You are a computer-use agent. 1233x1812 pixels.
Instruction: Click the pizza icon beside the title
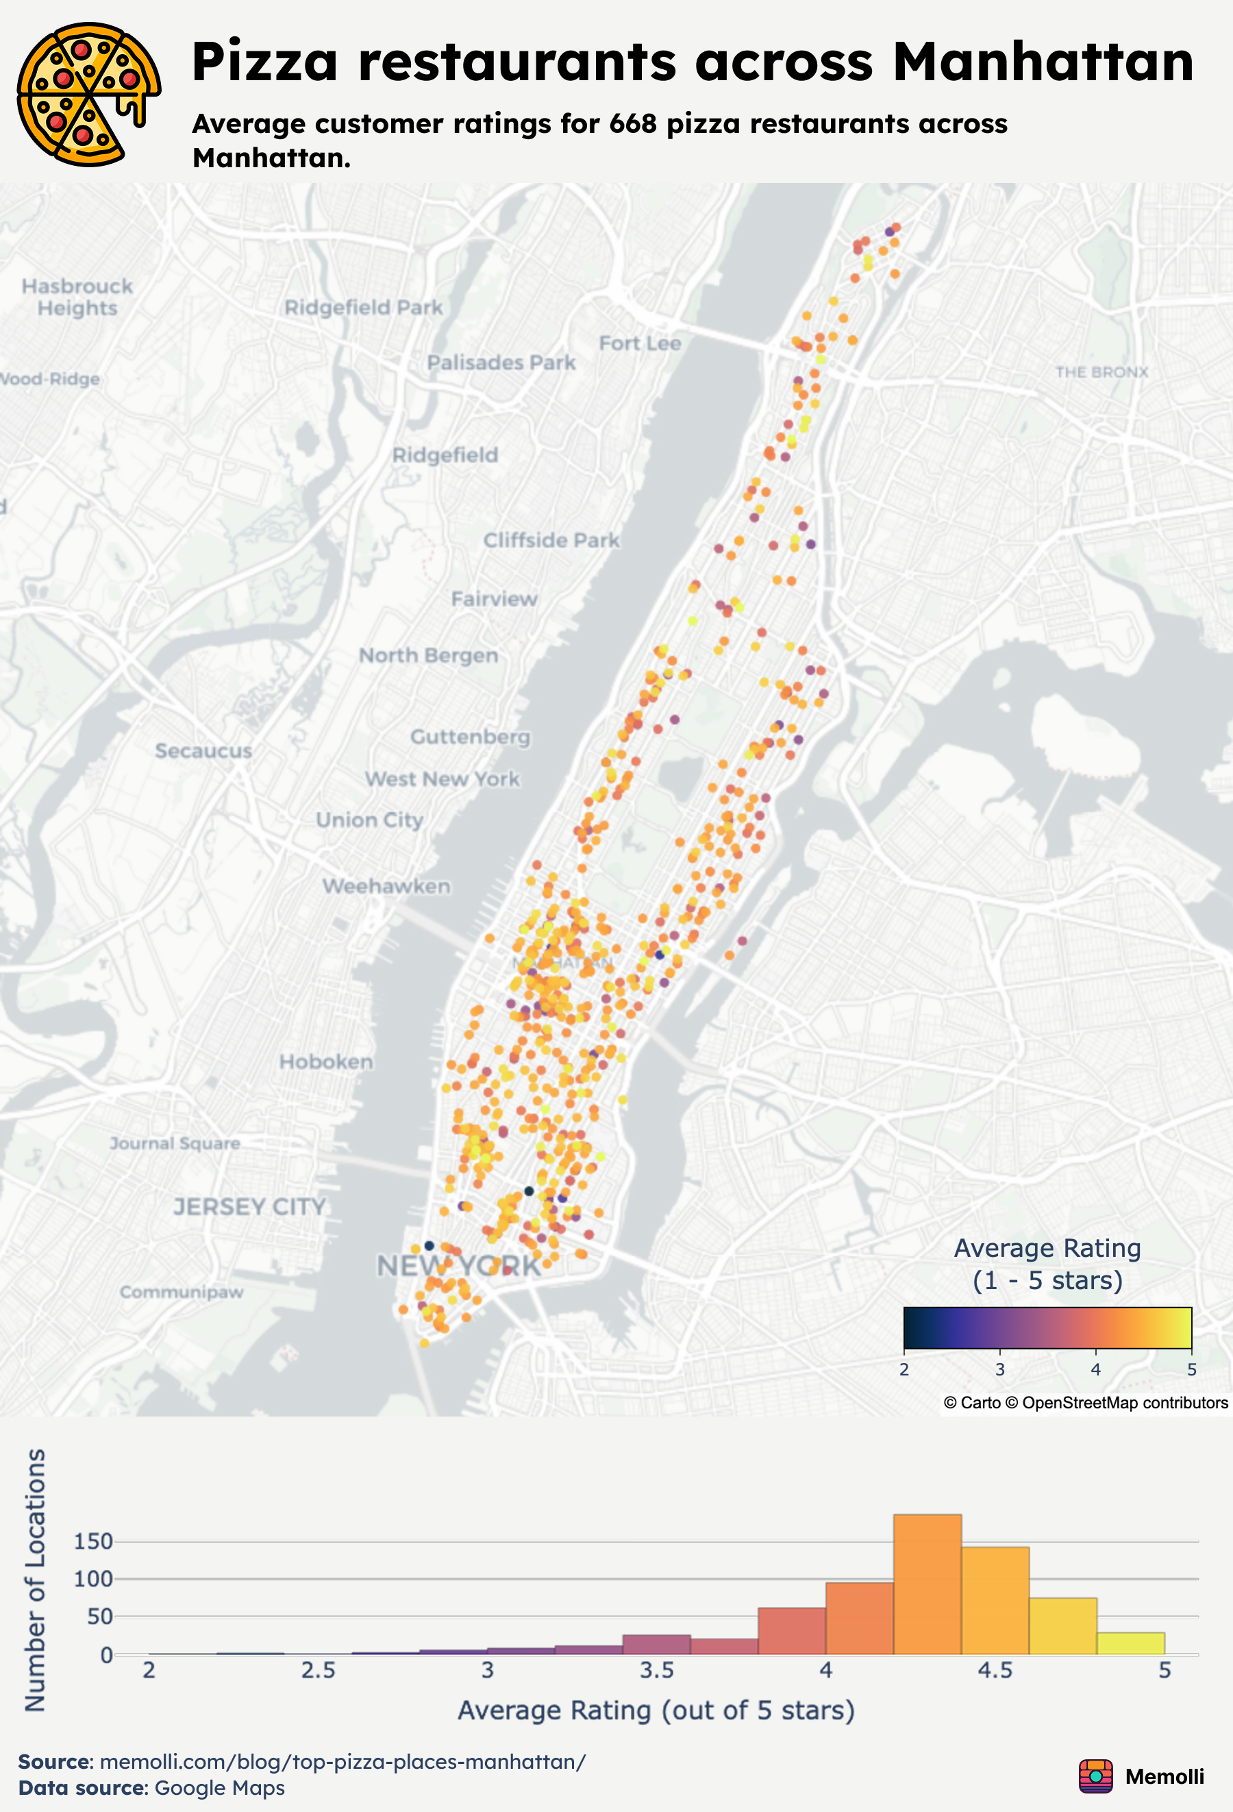pos(88,95)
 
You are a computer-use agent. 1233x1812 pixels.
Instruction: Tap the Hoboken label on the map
pos(326,1062)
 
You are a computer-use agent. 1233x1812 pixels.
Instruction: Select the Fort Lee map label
pos(640,343)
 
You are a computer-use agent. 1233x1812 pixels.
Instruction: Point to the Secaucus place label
pos(203,751)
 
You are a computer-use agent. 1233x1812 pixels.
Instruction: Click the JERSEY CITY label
pos(249,1207)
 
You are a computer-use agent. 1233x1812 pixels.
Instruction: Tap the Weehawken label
pos(386,887)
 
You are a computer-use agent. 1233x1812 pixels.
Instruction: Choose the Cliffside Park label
pos(551,540)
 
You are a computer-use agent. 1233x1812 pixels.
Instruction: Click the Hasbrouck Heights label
pos(77,297)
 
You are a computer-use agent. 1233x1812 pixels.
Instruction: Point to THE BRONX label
pos(1101,372)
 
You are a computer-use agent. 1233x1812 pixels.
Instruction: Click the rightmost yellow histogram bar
pos(1130,1643)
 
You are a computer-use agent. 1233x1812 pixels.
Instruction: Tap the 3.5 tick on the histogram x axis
pos(656,1671)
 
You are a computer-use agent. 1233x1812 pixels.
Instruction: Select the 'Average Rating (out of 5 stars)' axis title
pos(656,1711)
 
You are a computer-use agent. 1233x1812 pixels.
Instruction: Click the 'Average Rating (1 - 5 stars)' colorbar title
pos(1047,1264)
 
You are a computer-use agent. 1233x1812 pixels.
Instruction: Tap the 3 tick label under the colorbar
pos(1000,1370)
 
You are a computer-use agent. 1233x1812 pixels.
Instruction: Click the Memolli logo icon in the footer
pos(1096,1776)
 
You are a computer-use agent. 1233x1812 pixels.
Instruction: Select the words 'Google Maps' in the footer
pos(220,1788)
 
